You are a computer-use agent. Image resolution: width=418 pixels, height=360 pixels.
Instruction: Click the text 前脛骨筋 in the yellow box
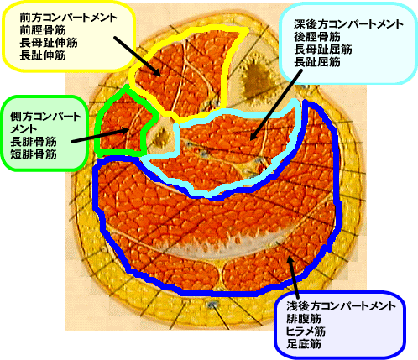43,30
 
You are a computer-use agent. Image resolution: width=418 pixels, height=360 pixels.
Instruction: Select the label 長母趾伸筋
49,43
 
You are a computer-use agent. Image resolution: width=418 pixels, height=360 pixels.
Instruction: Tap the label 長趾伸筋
43,55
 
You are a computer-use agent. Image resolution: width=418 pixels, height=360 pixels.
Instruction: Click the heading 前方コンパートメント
69,18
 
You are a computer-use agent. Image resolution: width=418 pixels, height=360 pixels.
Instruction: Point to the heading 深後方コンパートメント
348,24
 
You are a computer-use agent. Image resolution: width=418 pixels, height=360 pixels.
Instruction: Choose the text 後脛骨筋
317,37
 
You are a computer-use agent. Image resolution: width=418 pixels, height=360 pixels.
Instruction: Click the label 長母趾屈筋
323,50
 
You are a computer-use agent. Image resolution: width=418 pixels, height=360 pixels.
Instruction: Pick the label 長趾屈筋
317,62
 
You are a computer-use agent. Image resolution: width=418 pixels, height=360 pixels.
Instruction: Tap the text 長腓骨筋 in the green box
34,142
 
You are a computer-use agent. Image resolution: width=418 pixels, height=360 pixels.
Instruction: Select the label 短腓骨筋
34,154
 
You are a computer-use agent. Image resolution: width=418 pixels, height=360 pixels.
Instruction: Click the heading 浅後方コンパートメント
341,306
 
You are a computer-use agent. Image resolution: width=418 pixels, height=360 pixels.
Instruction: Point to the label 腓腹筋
303,319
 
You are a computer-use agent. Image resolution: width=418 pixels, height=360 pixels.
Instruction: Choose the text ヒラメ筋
306,331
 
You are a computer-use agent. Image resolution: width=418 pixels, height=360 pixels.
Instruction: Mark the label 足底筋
303,344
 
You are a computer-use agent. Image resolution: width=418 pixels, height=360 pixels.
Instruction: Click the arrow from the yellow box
137,56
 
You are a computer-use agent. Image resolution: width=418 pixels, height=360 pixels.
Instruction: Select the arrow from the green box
100,135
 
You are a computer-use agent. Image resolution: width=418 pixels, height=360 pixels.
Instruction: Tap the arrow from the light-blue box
276,105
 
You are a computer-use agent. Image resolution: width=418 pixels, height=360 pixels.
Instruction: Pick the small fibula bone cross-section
161,136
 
